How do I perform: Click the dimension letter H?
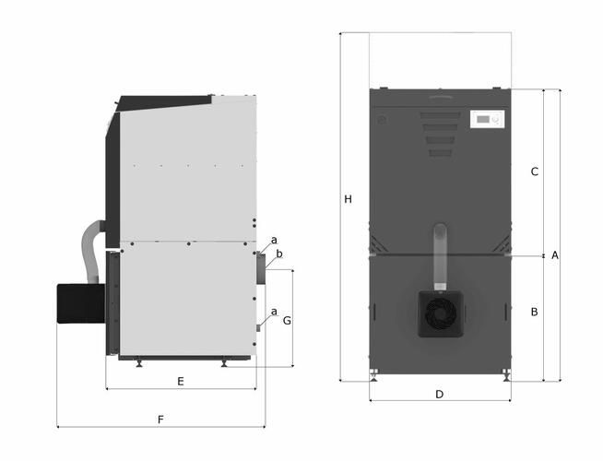(347, 199)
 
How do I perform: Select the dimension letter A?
(554, 255)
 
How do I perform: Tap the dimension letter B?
(534, 313)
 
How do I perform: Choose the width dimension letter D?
(440, 395)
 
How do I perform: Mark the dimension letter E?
(181, 381)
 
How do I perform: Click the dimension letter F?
(160, 420)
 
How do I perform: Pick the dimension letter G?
(287, 321)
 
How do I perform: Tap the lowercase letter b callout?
(279, 254)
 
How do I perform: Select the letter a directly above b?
(274, 240)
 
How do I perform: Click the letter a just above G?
(274, 311)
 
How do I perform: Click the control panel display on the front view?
(488, 119)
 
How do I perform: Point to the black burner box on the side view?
(80, 302)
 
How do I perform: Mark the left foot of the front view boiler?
(374, 375)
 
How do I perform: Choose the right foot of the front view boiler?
(505, 375)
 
